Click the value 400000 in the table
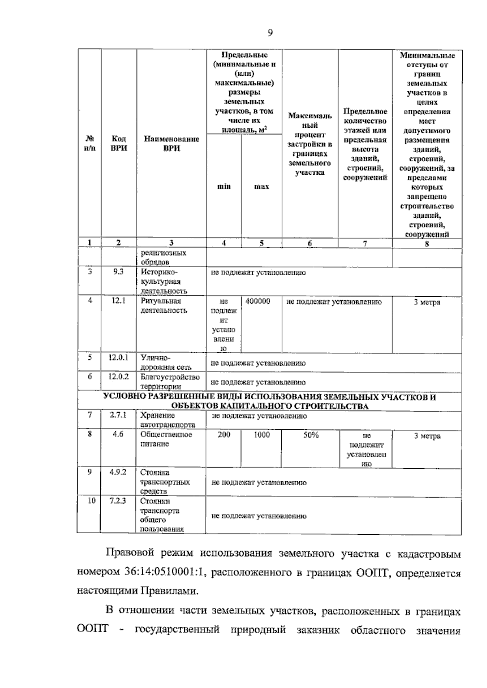click(x=258, y=302)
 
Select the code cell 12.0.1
click(x=118, y=358)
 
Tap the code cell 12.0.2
click(x=118, y=377)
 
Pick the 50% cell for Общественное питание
click(x=311, y=435)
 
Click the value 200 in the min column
click(x=224, y=435)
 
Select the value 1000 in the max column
click(x=262, y=435)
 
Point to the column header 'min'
click(x=224, y=186)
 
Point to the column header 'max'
click(x=261, y=186)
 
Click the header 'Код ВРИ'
click(x=119, y=144)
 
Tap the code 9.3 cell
click(x=118, y=272)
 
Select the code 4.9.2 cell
click(x=118, y=472)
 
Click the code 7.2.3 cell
click(x=118, y=501)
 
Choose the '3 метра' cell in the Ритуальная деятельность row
click(x=427, y=302)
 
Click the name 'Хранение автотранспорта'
click(x=168, y=420)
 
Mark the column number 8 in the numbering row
click(x=427, y=244)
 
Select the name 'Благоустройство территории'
click(x=170, y=382)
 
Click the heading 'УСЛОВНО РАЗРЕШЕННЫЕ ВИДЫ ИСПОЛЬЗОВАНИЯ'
click(x=269, y=397)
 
